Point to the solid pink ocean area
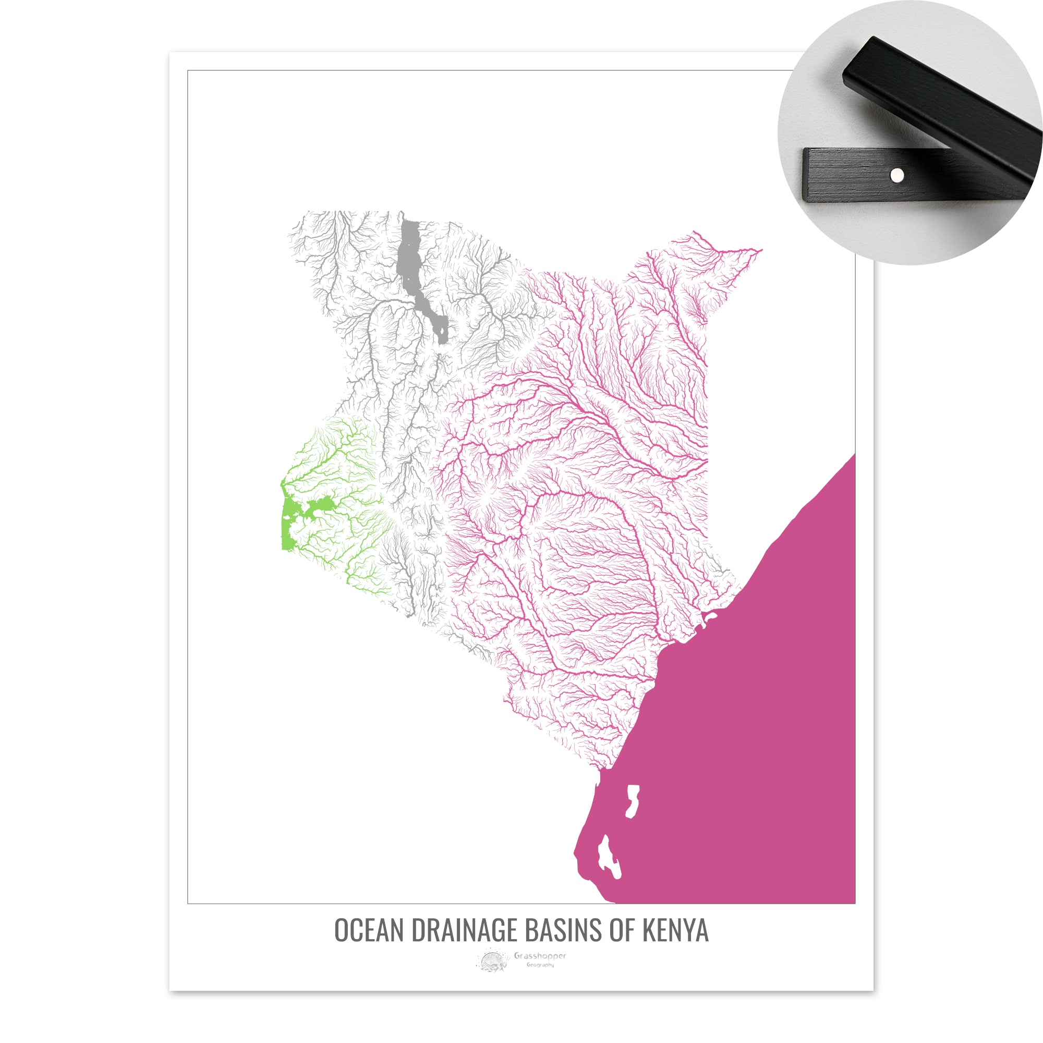point(756,702)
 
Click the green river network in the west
point(335,475)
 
